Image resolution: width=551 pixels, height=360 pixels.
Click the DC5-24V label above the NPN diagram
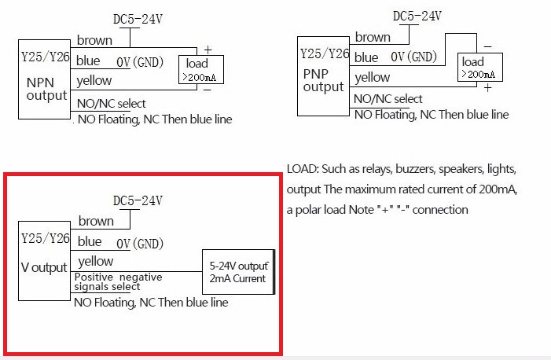(138, 19)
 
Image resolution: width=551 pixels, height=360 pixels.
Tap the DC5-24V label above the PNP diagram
(417, 16)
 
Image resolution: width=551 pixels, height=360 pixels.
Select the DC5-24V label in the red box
(138, 200)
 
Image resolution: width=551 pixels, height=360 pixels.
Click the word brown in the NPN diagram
(94, 40)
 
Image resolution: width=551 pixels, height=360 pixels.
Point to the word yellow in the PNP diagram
(373, 77)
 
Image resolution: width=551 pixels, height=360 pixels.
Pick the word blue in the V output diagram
(90, 241)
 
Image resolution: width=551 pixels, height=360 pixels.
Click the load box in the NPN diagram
(201, 70)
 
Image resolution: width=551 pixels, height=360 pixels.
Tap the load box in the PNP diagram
(480, 67)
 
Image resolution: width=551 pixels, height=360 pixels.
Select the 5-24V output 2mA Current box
(239, 272)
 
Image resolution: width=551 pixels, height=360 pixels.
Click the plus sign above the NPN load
(208, 50)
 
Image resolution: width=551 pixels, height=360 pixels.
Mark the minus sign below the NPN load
(208, 90)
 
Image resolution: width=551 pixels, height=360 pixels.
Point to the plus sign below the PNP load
(487, 87)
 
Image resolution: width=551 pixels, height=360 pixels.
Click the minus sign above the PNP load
(487, 46)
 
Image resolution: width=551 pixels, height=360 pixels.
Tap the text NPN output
(46, 89)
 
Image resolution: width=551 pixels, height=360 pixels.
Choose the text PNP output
(323, 80)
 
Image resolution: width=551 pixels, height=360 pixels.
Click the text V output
(44, 267)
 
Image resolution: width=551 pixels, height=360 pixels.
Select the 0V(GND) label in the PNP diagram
(414, 57)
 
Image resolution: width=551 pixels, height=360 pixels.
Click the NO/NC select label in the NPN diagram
(111, 103)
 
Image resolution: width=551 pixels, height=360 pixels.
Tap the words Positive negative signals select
(118, 281)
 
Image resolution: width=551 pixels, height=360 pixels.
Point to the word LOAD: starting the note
(303, 169)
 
